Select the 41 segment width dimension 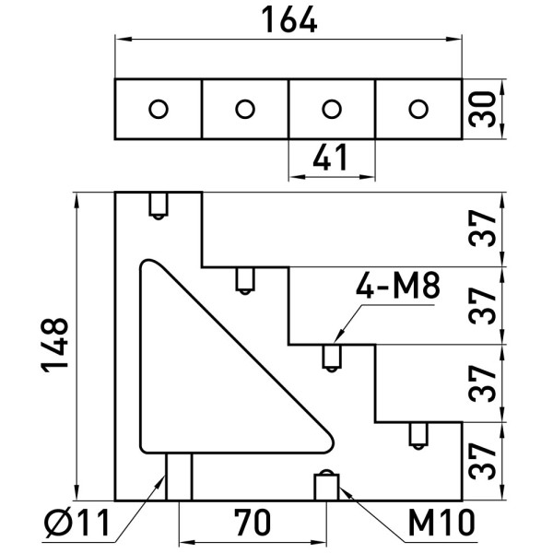coord(332,159)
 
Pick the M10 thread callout coord(441,524)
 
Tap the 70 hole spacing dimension coord(251,525)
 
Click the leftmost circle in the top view coord(159,109)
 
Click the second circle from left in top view coord(244,109)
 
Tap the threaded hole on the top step coord(159,205)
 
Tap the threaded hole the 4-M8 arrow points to coord(331,358)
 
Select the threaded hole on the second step coord(244,280)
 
